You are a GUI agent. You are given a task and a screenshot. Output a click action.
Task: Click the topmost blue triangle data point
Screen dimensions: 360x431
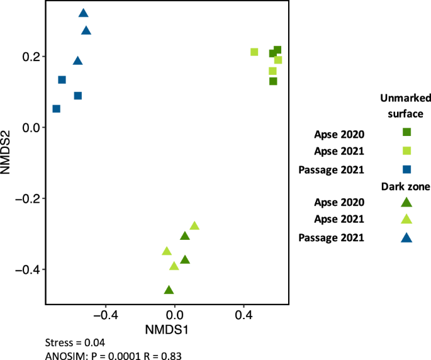[83, 13]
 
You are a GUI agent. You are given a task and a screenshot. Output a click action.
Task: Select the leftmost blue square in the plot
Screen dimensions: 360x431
[56, 109]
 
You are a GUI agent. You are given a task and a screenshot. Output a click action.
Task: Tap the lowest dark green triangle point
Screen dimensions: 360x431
[169, 290]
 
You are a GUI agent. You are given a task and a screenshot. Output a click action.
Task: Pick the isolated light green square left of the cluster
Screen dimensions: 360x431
[254, 52]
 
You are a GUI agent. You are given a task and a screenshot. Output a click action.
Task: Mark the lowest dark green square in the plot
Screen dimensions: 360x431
[273, 81]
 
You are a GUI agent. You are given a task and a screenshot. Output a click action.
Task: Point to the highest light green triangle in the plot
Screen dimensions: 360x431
[194, 226]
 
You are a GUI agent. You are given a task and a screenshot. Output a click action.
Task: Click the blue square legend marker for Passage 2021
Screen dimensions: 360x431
[406, 169]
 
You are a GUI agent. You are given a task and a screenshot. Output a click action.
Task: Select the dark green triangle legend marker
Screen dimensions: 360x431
[406, 202]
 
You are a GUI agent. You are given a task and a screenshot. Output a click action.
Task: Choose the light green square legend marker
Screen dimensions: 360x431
[406, 150]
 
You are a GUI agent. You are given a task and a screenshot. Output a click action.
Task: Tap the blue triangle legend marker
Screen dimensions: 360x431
[406, 238]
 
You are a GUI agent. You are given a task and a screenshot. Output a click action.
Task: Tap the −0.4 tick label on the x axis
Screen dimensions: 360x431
[104, 313]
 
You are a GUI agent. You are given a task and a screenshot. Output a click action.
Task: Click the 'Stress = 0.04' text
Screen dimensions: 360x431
[76, 343]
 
